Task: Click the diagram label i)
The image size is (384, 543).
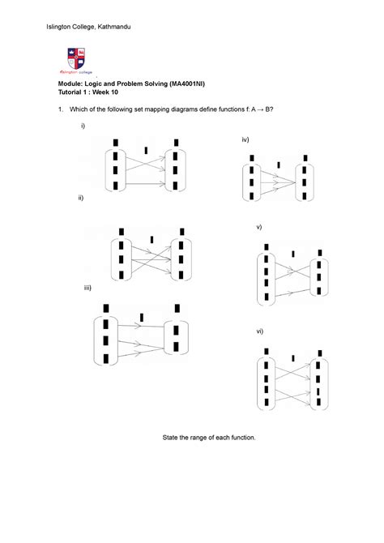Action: [82, 128]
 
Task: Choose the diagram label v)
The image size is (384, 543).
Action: [258, 228]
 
